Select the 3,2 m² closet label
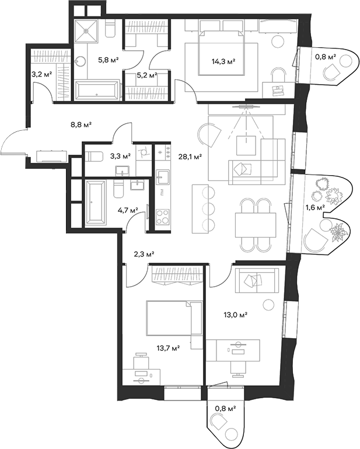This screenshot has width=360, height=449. [41, 74]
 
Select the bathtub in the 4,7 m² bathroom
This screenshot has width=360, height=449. [96, 202]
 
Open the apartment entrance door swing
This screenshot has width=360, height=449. [13, 143]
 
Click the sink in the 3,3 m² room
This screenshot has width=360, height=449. [123, 170]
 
